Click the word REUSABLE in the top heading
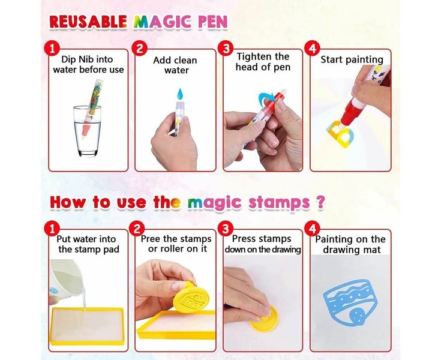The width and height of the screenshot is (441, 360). pos(88,22)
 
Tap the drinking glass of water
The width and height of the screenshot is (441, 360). pos(87,131)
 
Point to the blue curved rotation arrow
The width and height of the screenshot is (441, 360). pos(266,97)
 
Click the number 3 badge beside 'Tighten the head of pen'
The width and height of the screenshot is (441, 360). pos(226,49)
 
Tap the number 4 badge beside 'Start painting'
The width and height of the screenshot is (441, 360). pos(312,49)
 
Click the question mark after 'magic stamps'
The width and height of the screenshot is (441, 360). pos(320,202)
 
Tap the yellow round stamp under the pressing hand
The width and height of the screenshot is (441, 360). pos(265,319)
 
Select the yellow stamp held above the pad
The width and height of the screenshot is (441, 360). pos(191,298)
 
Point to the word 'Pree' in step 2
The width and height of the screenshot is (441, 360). pos(151,239)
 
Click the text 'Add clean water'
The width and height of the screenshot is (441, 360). pos(175,65)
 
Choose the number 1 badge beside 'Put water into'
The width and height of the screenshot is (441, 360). pos(52,229)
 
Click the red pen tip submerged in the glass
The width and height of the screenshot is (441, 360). pos(86,131)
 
